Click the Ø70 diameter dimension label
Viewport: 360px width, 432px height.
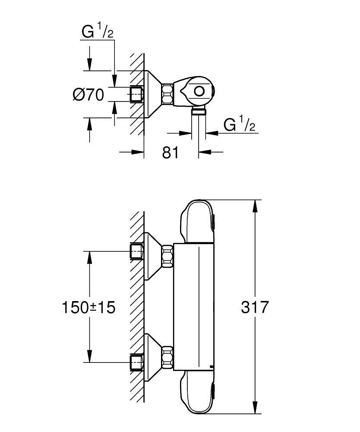pyautogui.click(x=88, y=95)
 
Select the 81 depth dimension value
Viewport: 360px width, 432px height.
pyautogui.click(x=171, y=152)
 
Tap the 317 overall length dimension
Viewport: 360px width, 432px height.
pyautogui.click(x=255, y=308)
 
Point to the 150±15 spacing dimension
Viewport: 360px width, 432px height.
pyautogui.click(x=89, y=308)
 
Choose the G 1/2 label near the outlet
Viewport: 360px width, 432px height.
pyautogui.click(x=240, y=125)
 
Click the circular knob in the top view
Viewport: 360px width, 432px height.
pyautogui.click(x=199, y=92)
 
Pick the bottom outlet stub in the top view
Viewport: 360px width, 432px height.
pyautogui.click(x=199, y=113)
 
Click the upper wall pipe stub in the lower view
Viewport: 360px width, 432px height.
pyautogui.click(x=137, y=251)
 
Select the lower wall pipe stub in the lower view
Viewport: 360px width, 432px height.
pyautogui.click(x=137, y=362)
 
